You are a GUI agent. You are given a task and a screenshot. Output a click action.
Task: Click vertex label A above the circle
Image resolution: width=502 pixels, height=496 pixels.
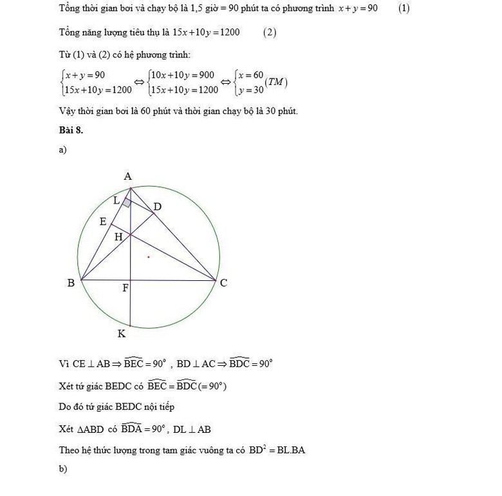click(127, 176)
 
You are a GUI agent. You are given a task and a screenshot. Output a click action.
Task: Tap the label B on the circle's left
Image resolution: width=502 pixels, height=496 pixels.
click(71, 283)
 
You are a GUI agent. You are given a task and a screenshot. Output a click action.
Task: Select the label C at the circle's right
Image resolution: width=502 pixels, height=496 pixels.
click(223, 283)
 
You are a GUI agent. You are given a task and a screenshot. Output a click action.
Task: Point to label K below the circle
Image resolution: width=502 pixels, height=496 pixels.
click(121, 334)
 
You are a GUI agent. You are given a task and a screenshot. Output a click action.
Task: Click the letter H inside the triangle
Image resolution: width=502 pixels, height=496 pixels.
click(118, 237)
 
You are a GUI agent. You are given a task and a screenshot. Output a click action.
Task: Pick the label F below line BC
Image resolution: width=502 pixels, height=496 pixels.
click(126, 288)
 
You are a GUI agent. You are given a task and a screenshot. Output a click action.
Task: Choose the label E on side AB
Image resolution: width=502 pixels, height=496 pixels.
click(103, 222)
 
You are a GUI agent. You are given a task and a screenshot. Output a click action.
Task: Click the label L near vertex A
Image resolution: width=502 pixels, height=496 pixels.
click(116, 200)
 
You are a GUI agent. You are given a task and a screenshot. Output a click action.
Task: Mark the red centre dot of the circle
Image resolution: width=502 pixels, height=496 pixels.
click(149, 257)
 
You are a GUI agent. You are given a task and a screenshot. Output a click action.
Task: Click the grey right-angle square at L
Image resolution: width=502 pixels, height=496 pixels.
click(127, 204)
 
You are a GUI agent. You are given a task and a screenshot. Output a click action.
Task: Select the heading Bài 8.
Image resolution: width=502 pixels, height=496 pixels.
click(71, 130)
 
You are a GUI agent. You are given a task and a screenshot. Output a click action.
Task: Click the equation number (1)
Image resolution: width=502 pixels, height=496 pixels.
click(404, 8)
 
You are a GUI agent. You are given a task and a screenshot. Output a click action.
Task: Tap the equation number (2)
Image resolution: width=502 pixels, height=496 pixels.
click(270, 32)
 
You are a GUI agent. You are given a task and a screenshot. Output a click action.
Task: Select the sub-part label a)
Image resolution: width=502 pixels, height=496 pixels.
click(62, 149)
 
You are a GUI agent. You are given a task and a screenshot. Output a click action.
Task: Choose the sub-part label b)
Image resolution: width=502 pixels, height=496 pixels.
click(63, 469)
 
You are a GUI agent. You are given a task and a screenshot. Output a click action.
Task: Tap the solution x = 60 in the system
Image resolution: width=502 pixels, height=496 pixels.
click(249, 75)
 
